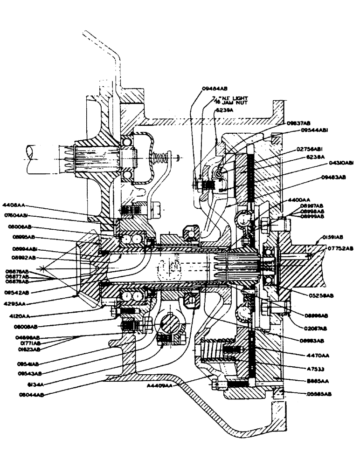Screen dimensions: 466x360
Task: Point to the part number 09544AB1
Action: tap(317, 130)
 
